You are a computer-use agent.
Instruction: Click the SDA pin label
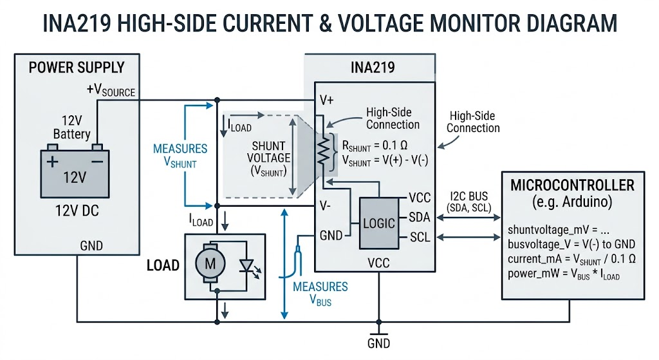420,218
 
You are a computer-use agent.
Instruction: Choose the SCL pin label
419,238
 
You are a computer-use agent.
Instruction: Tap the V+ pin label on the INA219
326,101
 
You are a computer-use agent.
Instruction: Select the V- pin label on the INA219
326,207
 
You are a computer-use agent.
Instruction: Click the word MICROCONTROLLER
571,185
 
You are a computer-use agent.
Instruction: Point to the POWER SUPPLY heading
77,67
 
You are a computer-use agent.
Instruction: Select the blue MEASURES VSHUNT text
180,155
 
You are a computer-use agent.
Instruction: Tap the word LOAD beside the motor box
163,265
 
